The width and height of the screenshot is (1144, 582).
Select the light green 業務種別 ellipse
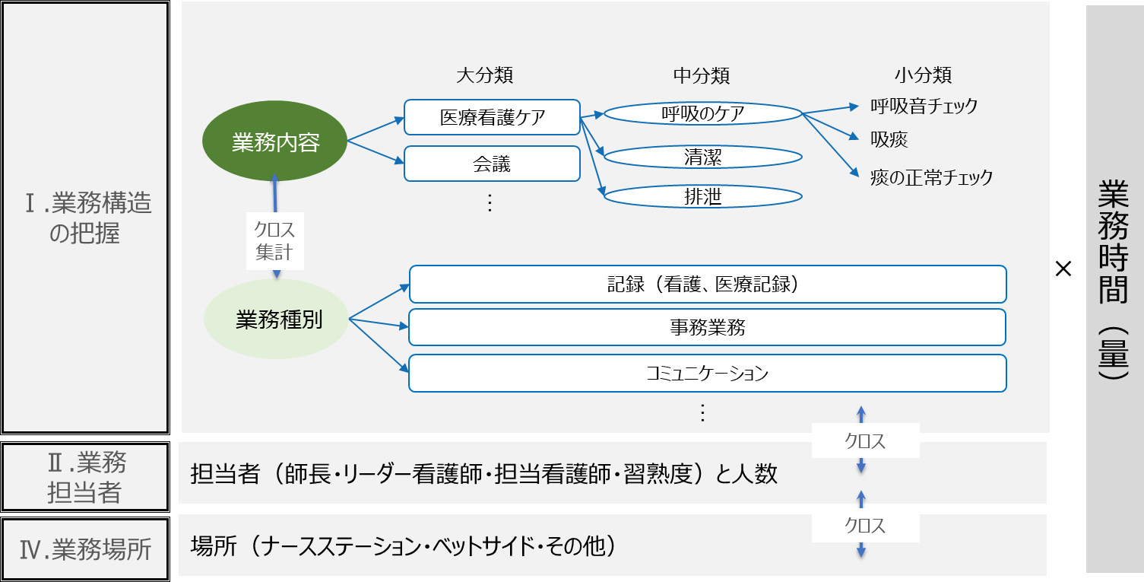(277, 320)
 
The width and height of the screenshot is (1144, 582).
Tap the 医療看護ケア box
(492, 117)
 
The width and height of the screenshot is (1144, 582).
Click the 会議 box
(492, 164)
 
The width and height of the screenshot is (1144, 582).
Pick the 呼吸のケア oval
(702, 114)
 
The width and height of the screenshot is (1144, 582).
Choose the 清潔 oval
(702, 157)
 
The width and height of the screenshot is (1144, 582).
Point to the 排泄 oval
(702, 197)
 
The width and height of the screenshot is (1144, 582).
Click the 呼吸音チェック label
(924, 106)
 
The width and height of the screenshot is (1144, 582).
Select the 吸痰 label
(889, 139)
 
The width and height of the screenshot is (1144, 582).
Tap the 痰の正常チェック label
(931, 178)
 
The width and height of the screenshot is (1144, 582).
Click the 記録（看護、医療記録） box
(707, 284)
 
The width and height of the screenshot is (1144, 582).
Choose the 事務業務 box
(707, 327)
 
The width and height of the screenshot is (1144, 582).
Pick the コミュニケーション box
(707, 374)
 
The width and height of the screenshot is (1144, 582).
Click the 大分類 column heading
(484, 75)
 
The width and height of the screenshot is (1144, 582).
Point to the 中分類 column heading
(702, 75)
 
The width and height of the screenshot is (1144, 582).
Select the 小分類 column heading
(923, 75)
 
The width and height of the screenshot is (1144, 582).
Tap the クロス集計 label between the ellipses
(275, 240)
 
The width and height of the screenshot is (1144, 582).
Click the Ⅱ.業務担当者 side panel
(85, 477)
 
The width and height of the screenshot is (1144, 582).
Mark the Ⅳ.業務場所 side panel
(85, 549)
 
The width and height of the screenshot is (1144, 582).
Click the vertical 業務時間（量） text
(1114, 281)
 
